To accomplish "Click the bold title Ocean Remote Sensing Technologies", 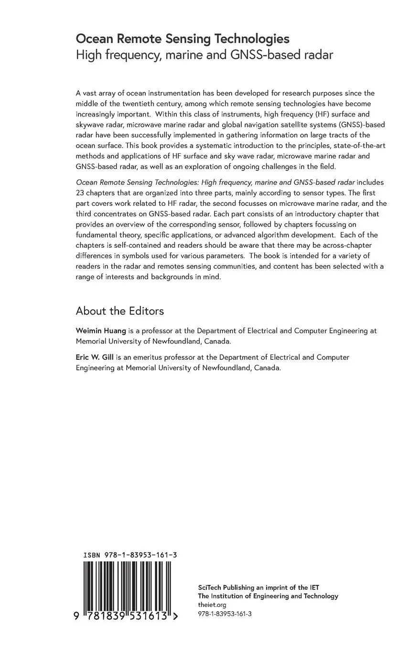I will (x=183, y=39).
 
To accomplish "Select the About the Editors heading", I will (x=119, y=311).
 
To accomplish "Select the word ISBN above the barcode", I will (x=92, y=555).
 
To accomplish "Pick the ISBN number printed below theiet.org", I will (x=224, y=614).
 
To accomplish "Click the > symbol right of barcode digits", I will (x=175, y=616).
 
